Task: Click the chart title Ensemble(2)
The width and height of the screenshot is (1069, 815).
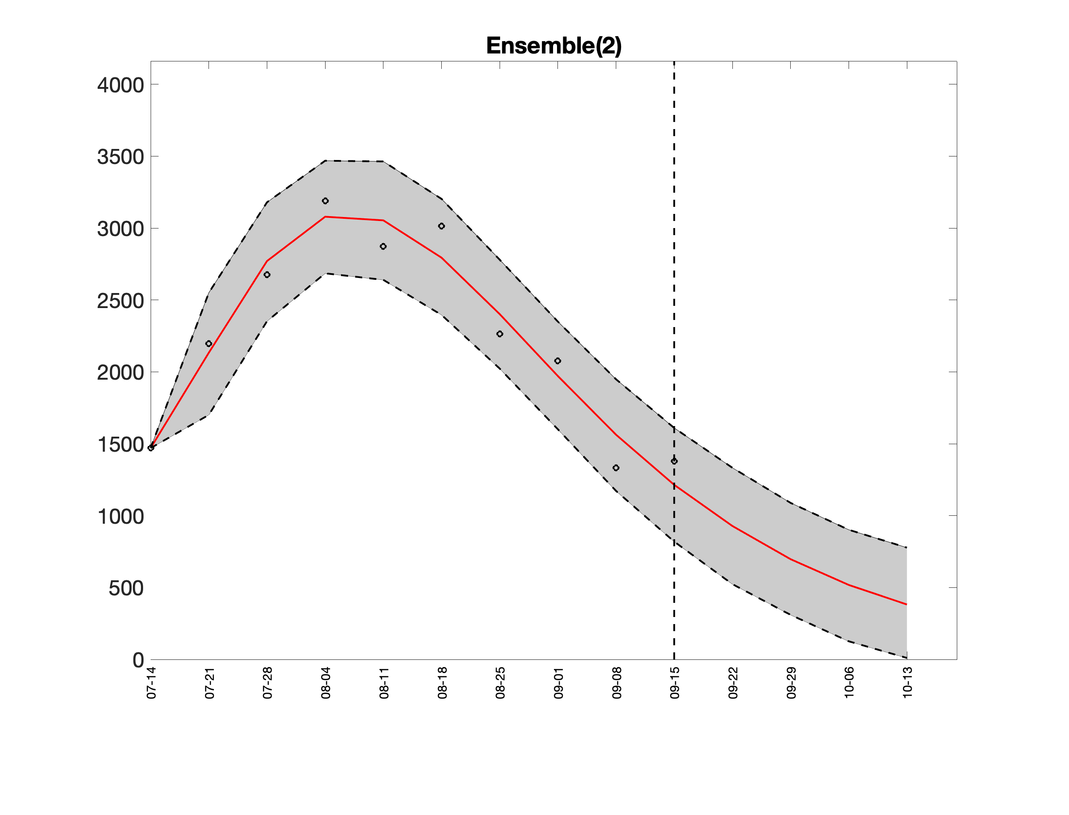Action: [553, 46]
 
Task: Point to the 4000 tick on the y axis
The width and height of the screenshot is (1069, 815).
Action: [120, 85]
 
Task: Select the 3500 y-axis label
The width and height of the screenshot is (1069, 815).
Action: [120, 157]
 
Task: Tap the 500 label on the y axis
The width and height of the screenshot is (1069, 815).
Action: [125, 588]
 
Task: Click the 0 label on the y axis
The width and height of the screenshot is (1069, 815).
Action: [138, 660]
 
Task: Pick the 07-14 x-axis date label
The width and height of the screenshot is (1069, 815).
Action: [151, 683]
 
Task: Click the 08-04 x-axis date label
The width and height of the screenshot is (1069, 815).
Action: [325, 683]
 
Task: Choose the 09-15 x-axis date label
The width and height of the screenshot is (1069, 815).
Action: [675, 683]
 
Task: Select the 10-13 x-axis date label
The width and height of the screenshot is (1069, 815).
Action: [906, 683]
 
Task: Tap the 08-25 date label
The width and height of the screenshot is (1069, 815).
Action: [500, 683]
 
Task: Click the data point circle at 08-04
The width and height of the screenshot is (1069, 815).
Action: [325, 201]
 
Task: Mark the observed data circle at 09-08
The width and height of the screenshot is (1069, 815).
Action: [616, 468]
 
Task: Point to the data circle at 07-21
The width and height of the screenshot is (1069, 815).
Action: [208, 343]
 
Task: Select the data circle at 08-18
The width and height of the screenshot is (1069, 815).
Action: [441, 226]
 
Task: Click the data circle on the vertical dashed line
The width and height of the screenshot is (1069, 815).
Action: [674, 461]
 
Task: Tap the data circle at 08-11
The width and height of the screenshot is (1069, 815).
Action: [383, 247]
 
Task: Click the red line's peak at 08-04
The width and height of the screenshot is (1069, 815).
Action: [325, 217]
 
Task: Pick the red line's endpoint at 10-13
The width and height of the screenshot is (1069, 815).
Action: [906, 605]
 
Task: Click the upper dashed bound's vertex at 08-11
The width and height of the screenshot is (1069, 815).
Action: [383, 162]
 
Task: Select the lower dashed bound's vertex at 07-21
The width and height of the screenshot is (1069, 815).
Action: [208, 415]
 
